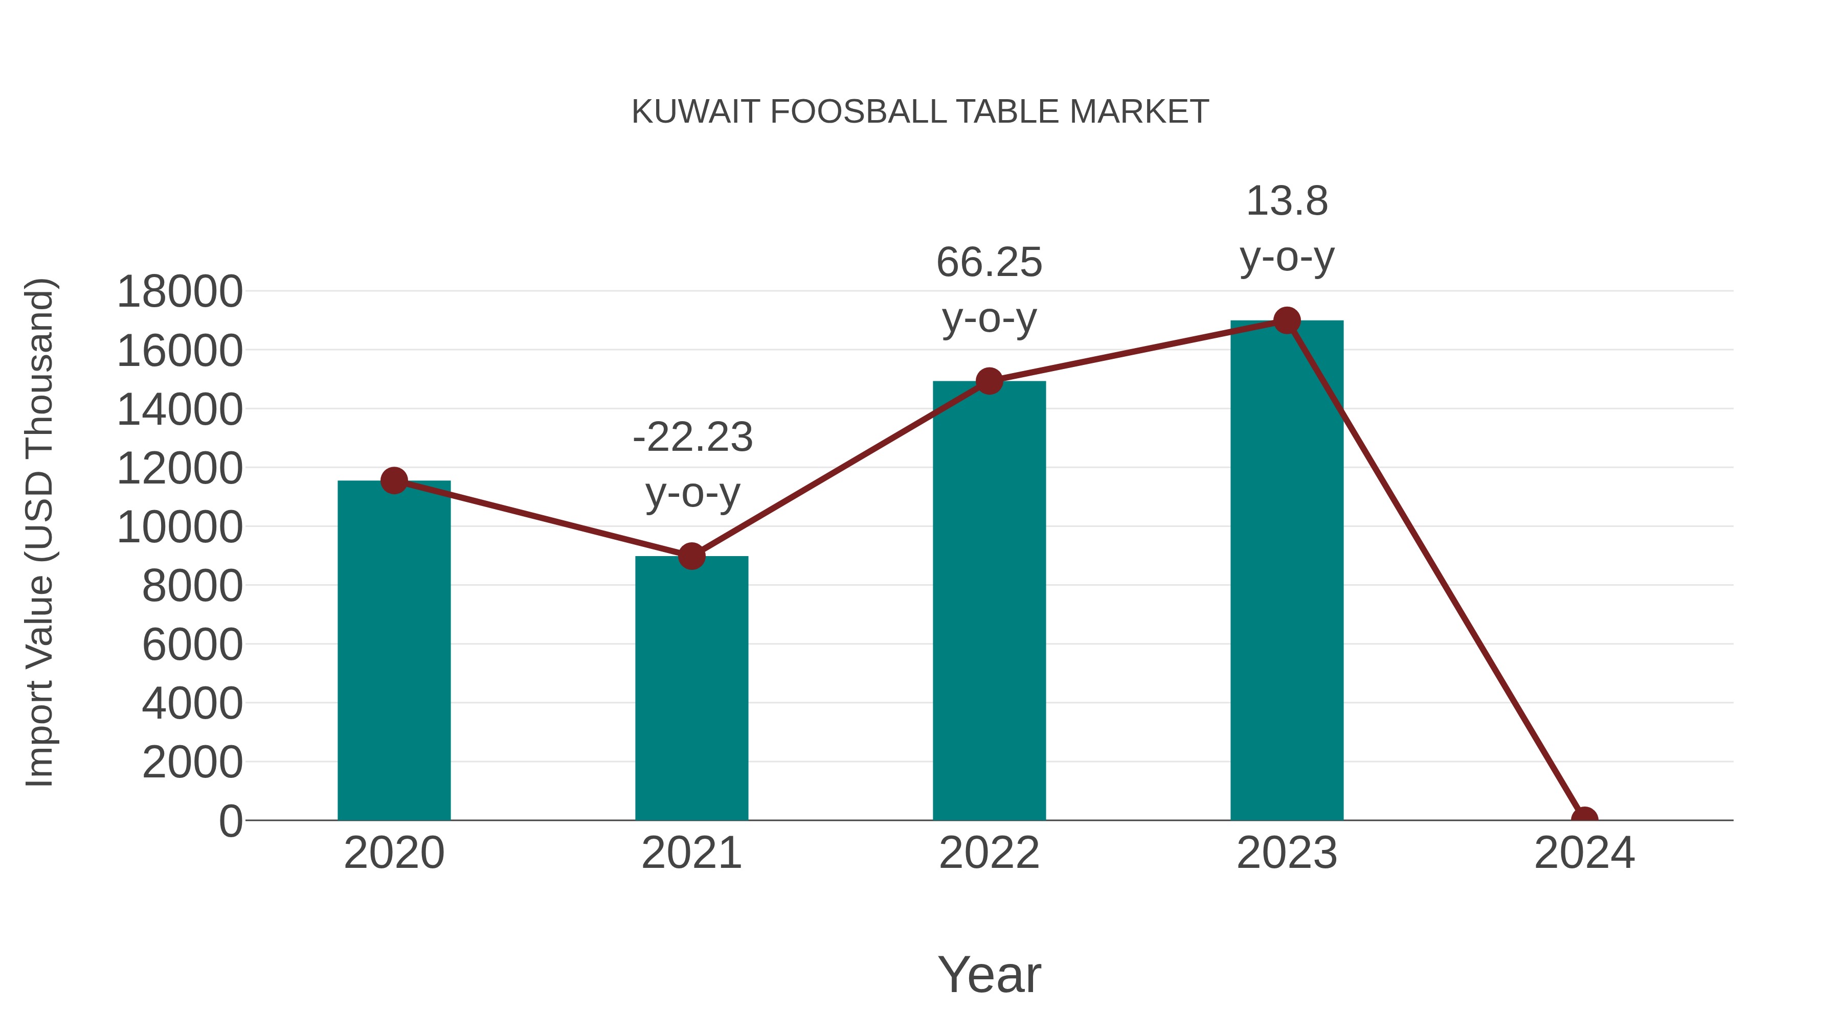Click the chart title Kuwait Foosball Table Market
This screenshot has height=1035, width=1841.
point(920,112)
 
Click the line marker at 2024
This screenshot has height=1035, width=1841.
point(1584,819)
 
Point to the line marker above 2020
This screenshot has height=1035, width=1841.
point(394,481)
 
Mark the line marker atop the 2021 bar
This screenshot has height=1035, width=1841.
point(691,556)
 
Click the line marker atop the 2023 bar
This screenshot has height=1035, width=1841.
point(1287,320)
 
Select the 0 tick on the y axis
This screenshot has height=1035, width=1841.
point(230,821)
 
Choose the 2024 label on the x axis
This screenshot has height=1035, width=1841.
point(1584,853)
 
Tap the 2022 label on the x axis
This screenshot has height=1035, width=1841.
point(989,853)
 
